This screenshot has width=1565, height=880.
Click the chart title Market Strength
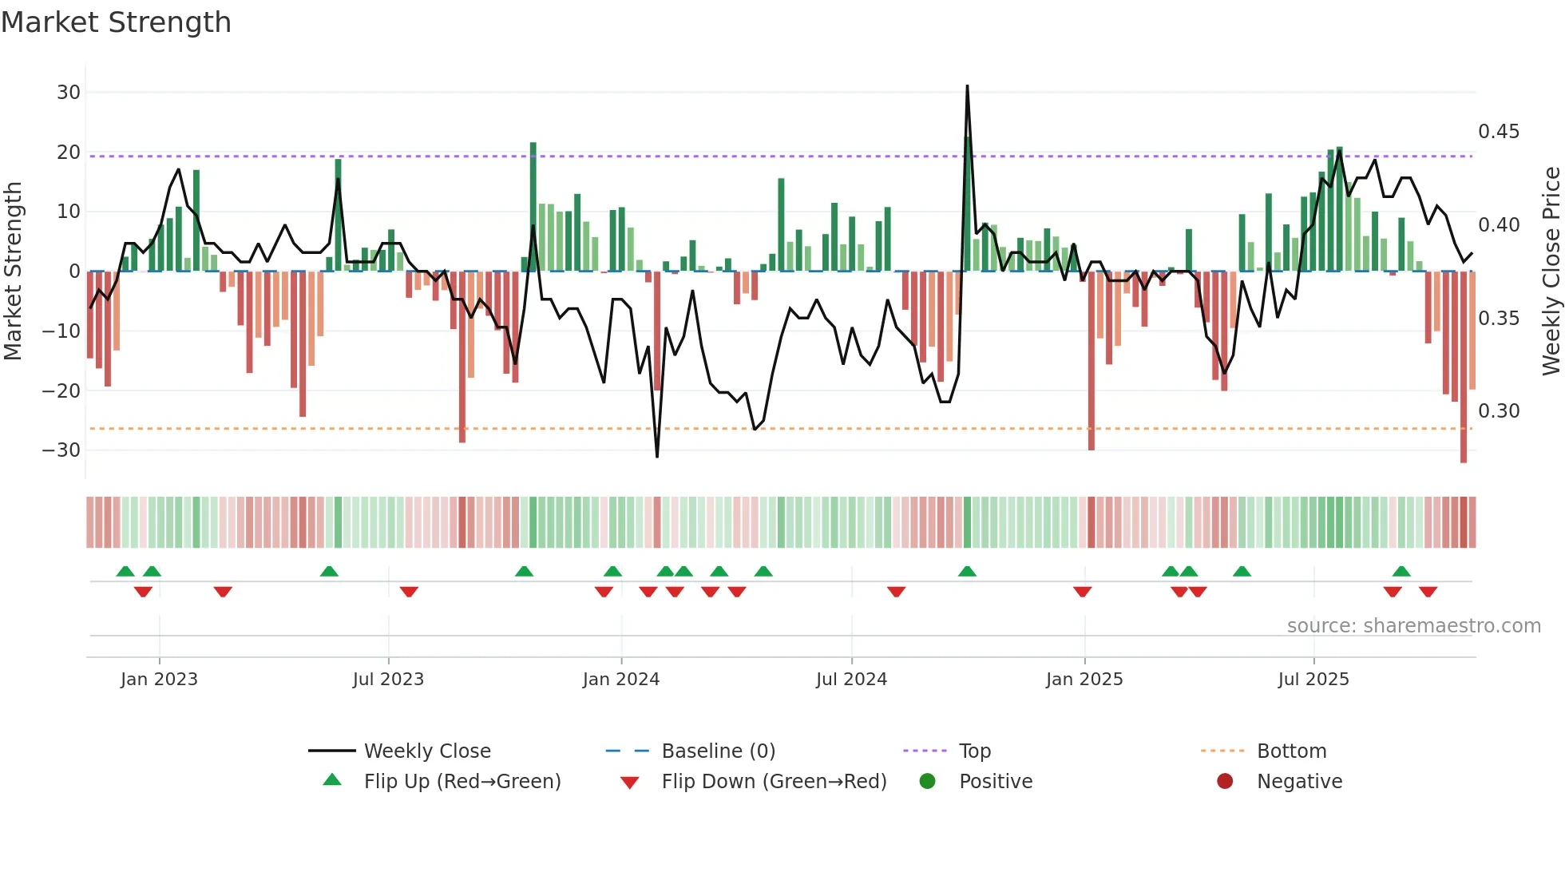[x=116, y=22]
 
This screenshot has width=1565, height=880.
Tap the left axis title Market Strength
[x=13, y=271]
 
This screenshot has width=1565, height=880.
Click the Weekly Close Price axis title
[x=1551, y=271]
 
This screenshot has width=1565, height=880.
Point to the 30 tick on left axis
[x=69, y=93]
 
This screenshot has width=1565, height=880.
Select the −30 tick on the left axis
[x=62, y=450]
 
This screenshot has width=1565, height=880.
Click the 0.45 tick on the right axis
[x=1499, y=132]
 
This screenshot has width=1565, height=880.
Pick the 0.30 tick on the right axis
[x=1499, y=411]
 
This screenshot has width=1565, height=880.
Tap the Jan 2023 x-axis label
[x=159, y=680]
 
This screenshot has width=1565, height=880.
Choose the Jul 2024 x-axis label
[x=851, y=680]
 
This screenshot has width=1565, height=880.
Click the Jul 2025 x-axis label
[x=1313, y=680]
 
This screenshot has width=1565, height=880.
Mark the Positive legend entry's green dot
[x=927, y=781]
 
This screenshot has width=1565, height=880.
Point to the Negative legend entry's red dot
[x=1225, y=781]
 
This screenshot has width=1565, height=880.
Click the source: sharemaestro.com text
[x=1413, y=626]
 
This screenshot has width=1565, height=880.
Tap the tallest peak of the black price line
[x=967, y=86]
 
